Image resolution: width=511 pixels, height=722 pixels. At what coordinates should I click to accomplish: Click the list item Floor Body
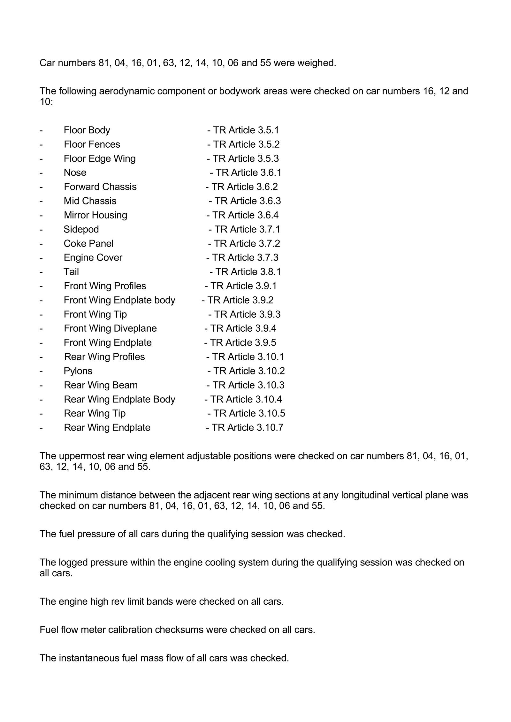tap(87, 130)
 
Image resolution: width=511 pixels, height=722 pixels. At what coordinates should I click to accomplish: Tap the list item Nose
tap(75, 173)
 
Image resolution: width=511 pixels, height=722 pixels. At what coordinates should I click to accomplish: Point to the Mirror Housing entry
tap(95, 215)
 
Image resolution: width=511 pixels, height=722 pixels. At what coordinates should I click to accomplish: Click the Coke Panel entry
tap(88, 243)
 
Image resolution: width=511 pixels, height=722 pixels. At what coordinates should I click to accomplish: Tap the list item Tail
tap(71, 272)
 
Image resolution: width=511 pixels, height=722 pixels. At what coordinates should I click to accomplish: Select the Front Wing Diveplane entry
tap(110, 328)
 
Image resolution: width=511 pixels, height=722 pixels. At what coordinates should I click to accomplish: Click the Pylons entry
tap(78, 371)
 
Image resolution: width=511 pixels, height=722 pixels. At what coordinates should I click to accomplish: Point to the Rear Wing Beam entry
tap(101, 385)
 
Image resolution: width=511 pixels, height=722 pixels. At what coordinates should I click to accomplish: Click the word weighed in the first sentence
tap(317, 63)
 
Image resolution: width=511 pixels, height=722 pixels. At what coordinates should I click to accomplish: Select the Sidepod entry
tap(81, 229)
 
